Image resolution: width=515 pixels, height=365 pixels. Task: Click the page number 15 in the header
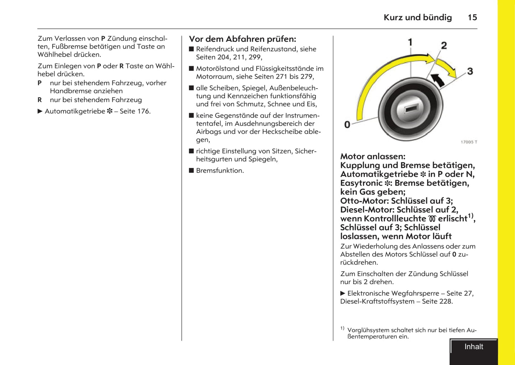tap(472, 17)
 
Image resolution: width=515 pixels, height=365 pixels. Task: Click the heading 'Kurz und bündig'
tap(417, 17)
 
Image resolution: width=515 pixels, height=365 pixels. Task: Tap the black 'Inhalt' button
tap(474, 347)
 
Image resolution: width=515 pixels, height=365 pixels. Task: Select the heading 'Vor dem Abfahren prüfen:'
tap(242, 39)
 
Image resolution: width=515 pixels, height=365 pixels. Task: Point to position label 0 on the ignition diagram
tap(347, 125)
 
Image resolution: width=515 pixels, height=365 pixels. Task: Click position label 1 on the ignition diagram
tap(410, 42)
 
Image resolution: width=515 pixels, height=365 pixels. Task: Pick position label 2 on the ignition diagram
tap(444, 46)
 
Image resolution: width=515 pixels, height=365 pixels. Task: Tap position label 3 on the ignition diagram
tap(470, 71)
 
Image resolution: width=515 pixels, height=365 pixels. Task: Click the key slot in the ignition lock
tap(411, 109)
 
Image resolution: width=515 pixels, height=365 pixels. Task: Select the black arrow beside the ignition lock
tap(438, 80)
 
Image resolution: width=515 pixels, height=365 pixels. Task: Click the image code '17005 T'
tap(469, 142)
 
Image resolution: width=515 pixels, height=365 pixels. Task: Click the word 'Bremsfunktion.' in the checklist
tap(220, 170)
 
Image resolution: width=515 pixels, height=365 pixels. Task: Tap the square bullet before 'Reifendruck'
tap(191, 49)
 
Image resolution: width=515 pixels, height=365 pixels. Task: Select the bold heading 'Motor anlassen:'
tap(372, 156)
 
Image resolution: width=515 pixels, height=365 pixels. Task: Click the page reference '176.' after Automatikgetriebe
tap(144, 111)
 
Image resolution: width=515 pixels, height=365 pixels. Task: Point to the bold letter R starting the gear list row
tap(40, 100)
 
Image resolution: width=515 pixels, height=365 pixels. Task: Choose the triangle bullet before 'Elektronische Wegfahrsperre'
tap(343, 293)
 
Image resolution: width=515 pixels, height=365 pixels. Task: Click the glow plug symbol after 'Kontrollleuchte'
tap(432, 219)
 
